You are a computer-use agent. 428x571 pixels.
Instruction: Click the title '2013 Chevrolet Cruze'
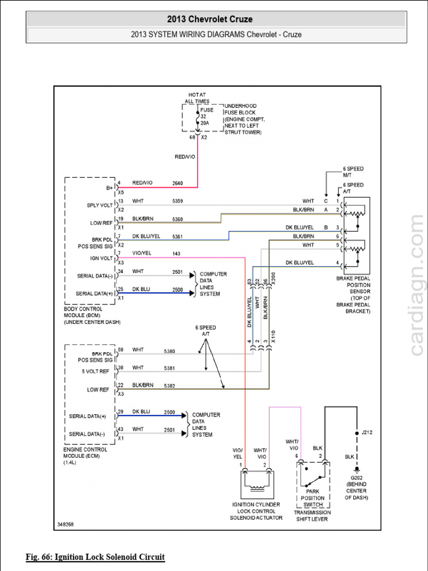point(216,20)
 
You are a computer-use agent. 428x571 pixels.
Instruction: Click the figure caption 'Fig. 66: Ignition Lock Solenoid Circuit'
point(95,557)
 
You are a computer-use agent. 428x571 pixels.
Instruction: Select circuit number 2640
point(178,183)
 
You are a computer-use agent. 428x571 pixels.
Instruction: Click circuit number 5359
point(178,201)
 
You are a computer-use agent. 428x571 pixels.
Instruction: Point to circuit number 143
point(177,254)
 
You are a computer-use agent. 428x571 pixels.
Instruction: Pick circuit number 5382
point(169,386)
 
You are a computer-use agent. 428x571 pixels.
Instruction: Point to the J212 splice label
point(367,432)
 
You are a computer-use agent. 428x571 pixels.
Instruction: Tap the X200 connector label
point(273,278)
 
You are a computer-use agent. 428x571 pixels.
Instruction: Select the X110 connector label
point(273,337)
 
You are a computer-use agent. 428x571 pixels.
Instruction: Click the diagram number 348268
point(65,525)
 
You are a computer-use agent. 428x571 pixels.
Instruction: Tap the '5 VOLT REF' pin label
point(96,372)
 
